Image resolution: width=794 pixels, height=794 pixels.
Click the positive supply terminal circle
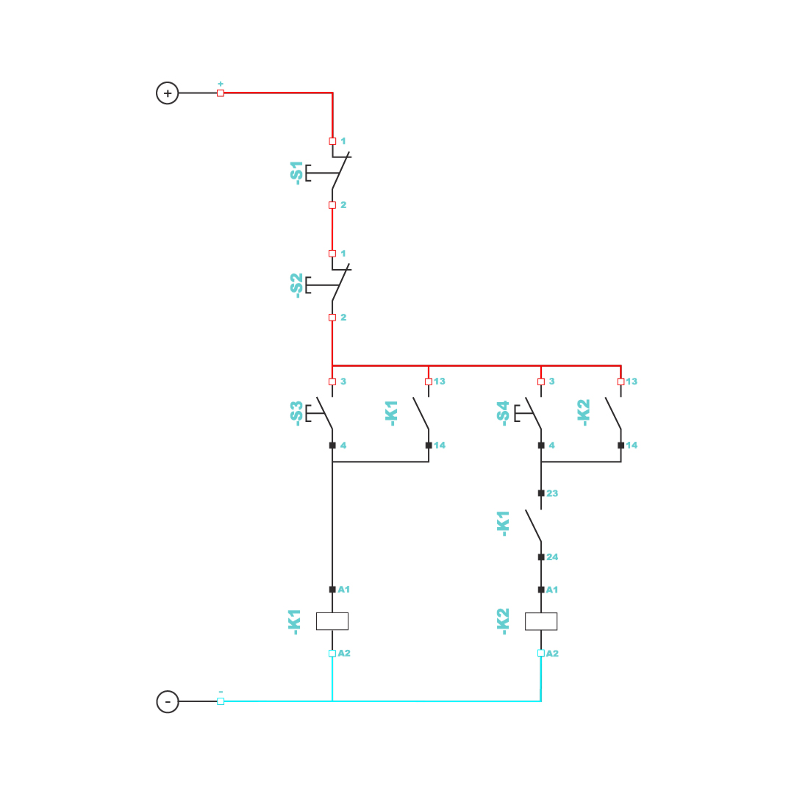pos(168,93)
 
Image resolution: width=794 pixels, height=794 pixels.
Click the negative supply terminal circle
pos(168,701)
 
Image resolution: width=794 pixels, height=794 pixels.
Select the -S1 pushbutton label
pos(296,173)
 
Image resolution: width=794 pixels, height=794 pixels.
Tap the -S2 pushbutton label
pos(296,285)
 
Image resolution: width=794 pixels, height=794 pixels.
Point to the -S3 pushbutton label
pos(296,412)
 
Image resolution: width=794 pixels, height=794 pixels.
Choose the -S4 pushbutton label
pos(503,412)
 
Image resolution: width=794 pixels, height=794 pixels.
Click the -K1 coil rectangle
pos(332,621)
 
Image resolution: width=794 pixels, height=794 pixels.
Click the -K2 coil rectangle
pos(541,621)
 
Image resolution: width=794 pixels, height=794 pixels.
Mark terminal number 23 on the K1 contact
pos(552,493)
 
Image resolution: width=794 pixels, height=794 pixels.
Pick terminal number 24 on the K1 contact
pos(552,557)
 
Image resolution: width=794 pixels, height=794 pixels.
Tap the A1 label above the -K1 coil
pos(344,590)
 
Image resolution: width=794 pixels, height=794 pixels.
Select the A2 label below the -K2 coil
pos(552,654)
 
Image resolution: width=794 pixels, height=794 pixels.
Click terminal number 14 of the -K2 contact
pos(632,446)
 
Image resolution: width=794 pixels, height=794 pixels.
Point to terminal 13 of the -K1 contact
pos(440,382)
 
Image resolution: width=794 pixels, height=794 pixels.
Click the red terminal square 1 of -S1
pos(332,141)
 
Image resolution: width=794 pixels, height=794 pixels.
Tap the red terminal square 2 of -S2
pos(332,318)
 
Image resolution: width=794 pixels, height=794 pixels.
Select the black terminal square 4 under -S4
pos(541,446)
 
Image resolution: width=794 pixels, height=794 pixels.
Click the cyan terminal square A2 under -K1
pos(332,654)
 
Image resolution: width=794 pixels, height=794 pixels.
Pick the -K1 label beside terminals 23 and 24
pos(504,525)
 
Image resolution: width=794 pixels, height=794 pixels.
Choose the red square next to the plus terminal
pos(221,93)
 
